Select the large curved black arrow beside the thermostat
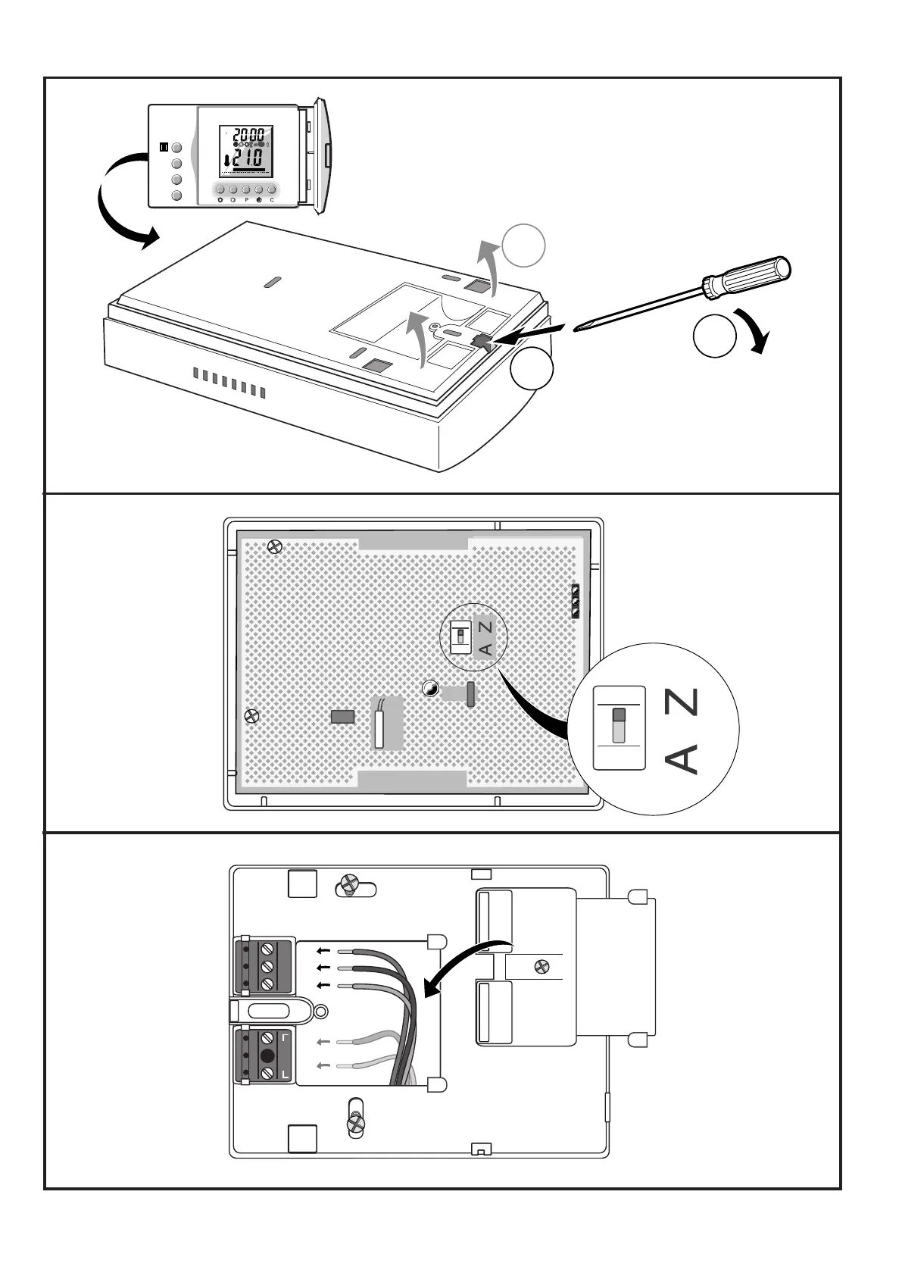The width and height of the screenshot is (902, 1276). click(121, 201)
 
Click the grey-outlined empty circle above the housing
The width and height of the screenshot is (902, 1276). click(523, 246)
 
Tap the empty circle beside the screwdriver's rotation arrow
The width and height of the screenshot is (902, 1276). click(714, 336)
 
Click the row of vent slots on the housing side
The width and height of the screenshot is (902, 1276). click(229, 383)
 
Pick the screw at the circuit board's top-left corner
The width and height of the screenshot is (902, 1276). click(276, 546)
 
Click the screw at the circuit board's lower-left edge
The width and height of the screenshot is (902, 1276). click(252, 715)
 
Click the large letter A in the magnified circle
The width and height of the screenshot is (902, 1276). click(683, 758)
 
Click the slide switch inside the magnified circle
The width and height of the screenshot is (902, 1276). click(619, 725)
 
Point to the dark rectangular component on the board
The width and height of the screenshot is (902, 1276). click(343, 716)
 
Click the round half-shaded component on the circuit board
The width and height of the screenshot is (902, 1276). click(429, 688)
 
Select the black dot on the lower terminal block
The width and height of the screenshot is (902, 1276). click(267, 1056)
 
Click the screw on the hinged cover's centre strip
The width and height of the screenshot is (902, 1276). click(542, 966)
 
